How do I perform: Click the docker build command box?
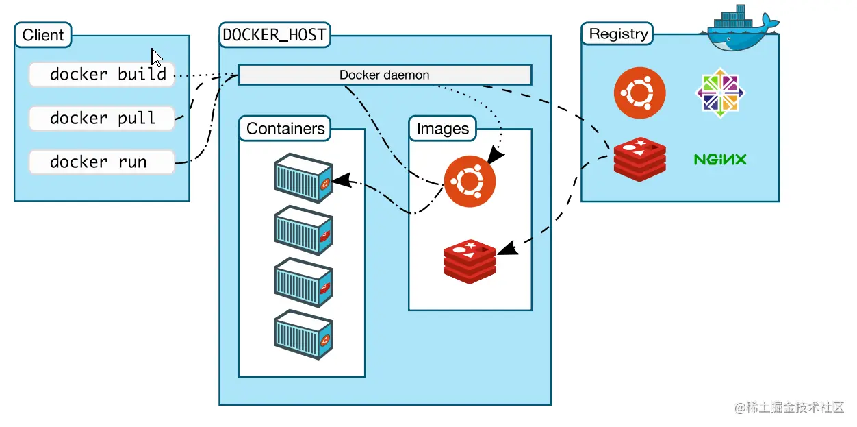101,74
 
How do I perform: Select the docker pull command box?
101,118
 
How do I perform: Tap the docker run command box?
101,162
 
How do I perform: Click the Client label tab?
43,35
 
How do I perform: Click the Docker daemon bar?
385,75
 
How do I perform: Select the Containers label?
285,129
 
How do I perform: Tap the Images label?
443,129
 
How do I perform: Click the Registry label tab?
618,34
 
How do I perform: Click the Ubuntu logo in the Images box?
470,180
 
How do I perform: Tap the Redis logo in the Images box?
470,260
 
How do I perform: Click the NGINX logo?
720,160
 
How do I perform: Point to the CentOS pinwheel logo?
720,93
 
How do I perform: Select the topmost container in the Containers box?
303,178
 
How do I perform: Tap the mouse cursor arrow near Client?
157,58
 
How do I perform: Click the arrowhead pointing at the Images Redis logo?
505,249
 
